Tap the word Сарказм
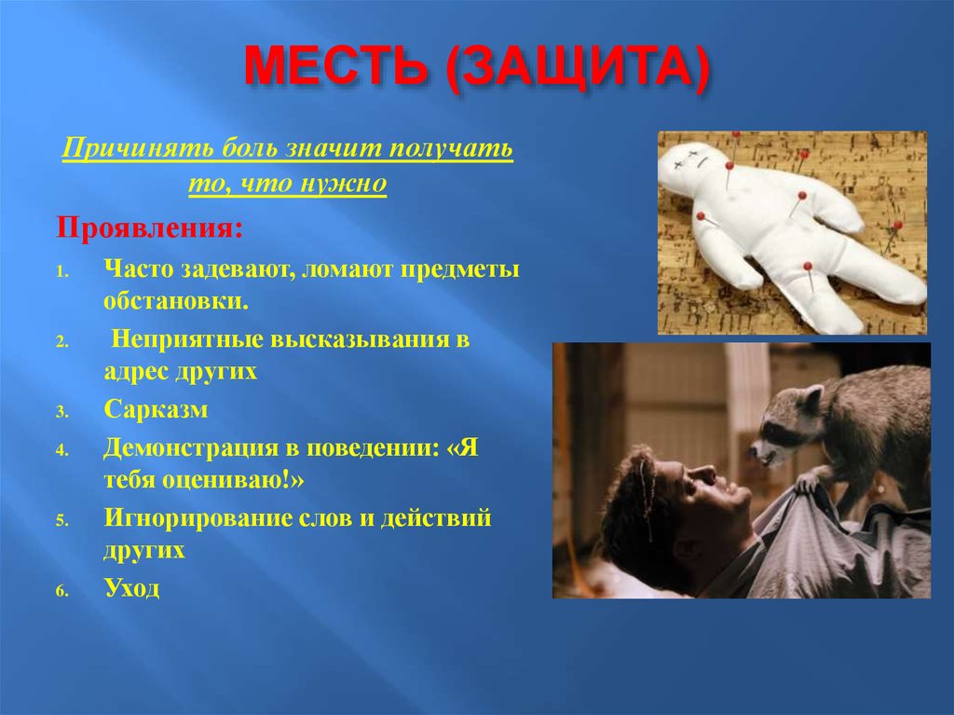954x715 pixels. click(156, 409)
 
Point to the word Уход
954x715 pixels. click(132, 588)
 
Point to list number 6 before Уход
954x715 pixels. click(59, 591)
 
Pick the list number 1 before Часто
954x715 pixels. click(59, 271)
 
